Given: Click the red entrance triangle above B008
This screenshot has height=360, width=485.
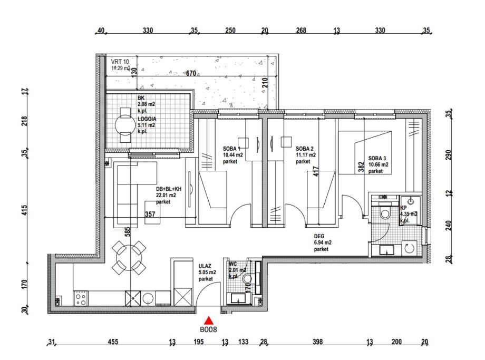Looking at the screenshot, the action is (x=209, y=320).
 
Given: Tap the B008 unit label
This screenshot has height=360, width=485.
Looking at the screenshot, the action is (x=208, y=329).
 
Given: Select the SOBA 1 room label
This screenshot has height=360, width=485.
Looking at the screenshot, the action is (x=231, y=149).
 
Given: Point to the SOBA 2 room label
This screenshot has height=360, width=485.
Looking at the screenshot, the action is (x=305, y=149).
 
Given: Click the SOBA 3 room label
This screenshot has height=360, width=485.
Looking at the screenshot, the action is (x=377, y=158).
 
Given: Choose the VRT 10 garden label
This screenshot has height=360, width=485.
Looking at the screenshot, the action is (x=120, y=62).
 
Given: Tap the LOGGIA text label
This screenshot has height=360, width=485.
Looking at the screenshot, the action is (x=147, y=119).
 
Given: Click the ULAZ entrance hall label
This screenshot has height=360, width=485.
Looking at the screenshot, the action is (x=205, y=266).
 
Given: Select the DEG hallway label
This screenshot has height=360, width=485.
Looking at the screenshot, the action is (x=319, y=236).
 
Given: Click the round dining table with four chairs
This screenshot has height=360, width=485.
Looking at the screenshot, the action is (x=129, y=257).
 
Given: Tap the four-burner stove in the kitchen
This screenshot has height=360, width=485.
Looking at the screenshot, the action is (x=81, y=299).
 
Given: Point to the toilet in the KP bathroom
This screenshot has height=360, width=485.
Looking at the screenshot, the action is (x=385, y=212).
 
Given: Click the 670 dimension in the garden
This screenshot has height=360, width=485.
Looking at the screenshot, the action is (x=191, y=73).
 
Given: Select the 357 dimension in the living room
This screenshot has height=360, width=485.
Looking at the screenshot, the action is (x=150, y=214).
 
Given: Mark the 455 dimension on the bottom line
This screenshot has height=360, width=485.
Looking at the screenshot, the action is (x=113, y=342).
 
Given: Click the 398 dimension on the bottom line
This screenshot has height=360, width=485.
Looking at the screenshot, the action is (x=318, y=342).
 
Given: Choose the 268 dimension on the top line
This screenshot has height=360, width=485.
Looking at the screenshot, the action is (x=301, y=31).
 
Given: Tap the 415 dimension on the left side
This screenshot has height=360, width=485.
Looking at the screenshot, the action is (x=25, y=210).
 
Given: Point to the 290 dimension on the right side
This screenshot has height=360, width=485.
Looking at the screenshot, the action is (x=449, y=155).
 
